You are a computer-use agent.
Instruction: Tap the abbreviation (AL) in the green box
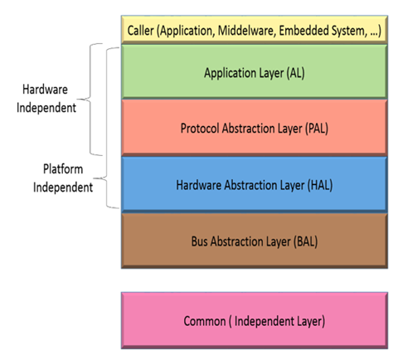295,73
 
